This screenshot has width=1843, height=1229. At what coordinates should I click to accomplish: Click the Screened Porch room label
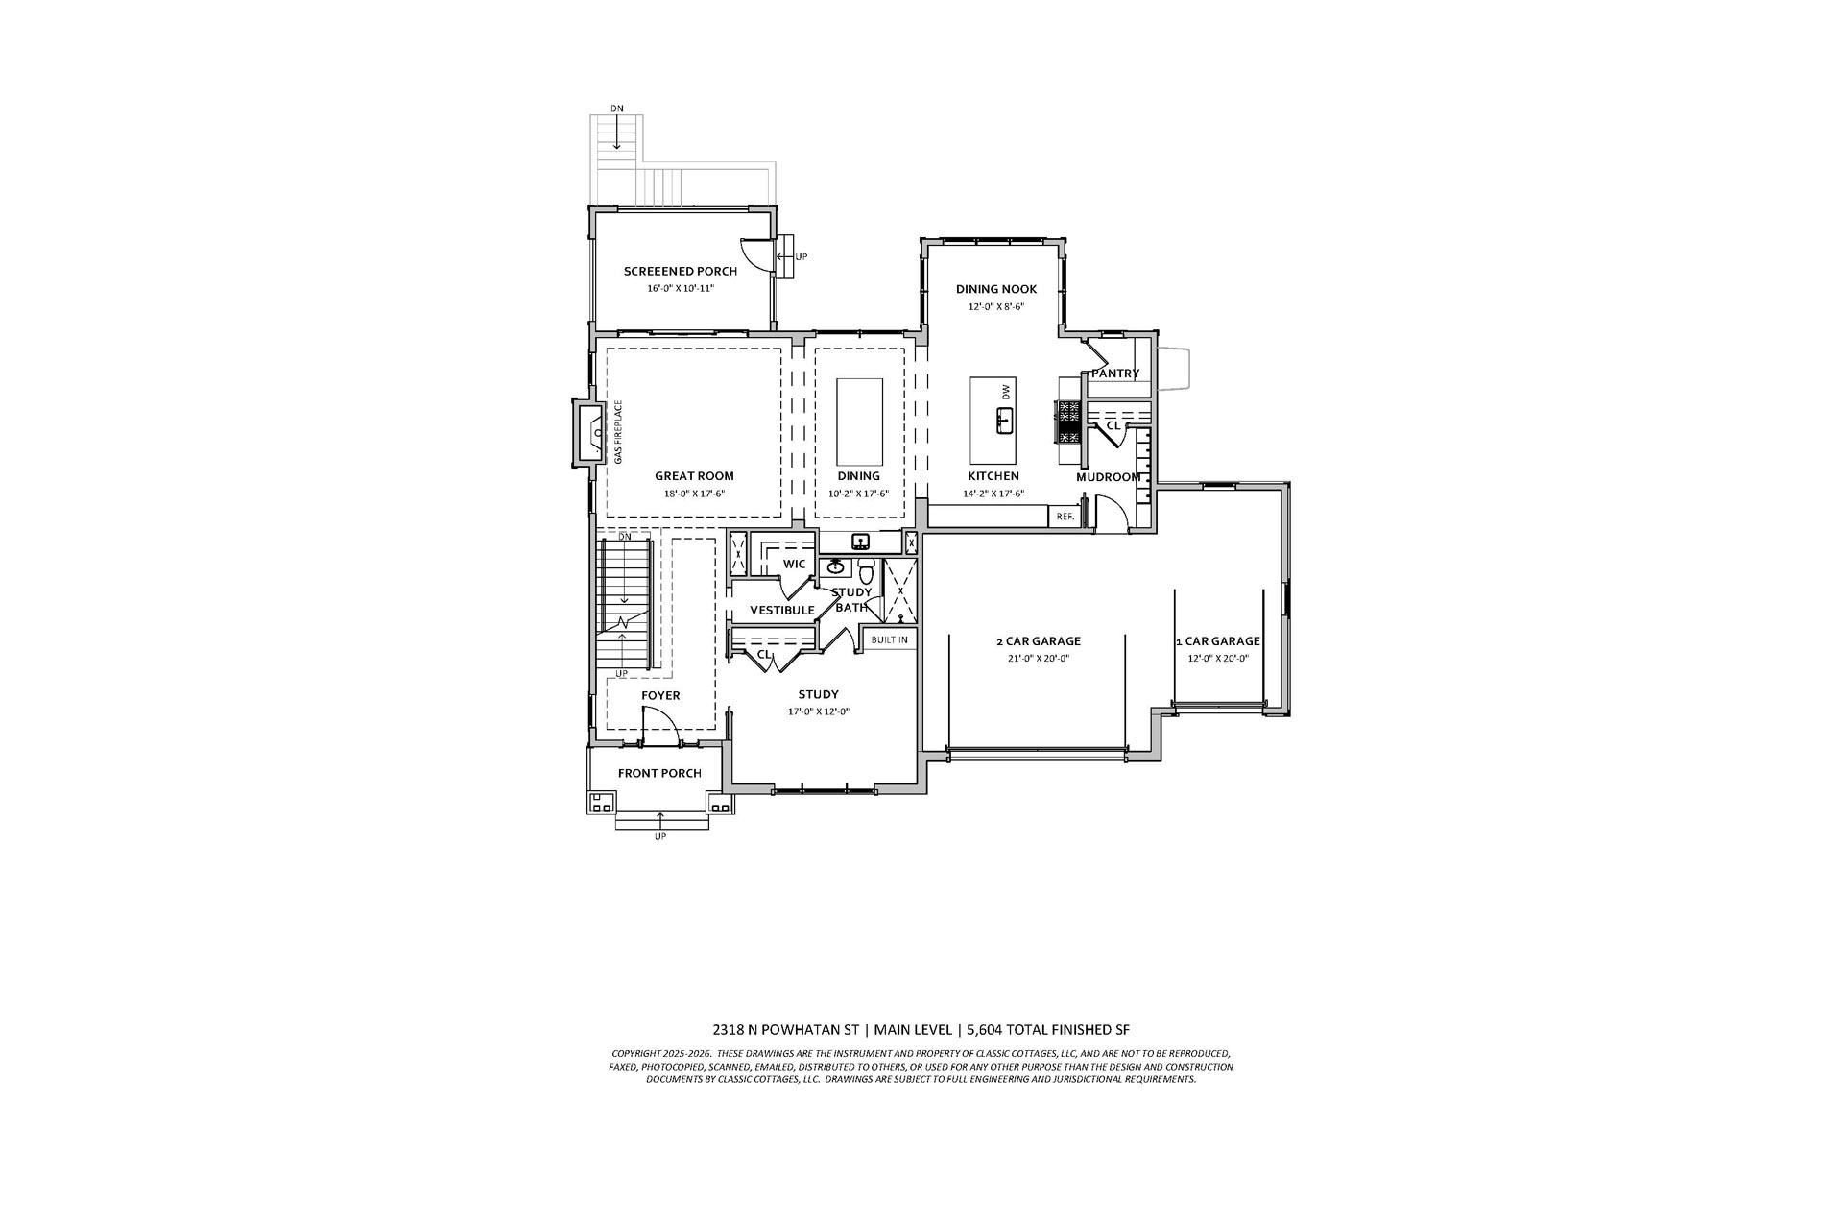[680, 271]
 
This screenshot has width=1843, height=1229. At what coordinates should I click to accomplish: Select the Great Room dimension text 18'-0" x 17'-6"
[693, 494]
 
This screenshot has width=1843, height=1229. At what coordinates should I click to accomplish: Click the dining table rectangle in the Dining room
[859, 421]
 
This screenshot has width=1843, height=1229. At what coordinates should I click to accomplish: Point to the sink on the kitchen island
[1004, 421]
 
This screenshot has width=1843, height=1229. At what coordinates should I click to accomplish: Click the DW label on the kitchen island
[1006, 392]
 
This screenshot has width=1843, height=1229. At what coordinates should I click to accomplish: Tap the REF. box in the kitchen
[1064, 517]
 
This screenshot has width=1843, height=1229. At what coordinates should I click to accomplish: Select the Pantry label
[1114, 374]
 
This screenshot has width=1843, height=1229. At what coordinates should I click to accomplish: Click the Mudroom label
[1108, 476]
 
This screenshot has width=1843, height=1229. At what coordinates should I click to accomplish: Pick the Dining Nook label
[995, 289]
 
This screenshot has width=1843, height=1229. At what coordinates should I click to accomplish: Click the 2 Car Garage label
[1038, 641]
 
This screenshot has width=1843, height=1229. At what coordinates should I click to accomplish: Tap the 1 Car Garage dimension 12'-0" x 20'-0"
[1217, 659]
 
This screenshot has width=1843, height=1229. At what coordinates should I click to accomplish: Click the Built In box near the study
[889, 639]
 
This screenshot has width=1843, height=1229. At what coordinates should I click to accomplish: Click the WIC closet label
[794, 564]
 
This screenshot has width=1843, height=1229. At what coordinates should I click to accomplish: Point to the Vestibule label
[781, 610]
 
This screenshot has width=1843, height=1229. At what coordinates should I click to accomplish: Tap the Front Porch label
[659, 773]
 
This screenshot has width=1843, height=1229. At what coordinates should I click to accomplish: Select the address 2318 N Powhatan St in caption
[787, 1030]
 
